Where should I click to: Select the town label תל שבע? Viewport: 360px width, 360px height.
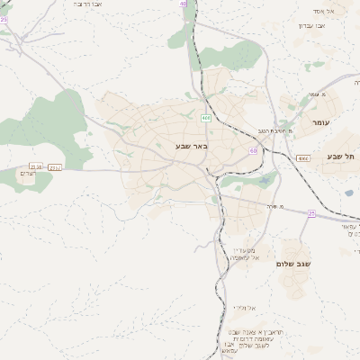click(x=344, y=156)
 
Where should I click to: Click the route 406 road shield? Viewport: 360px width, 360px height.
click(x=207, y=117)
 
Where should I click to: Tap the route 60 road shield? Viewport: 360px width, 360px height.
click(x=254, y=151)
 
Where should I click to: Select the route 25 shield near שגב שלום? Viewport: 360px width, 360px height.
click(x=311, y=213)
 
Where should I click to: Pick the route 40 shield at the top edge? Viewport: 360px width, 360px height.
click(x=184, y=4)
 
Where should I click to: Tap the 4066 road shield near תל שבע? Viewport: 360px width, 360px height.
click(x=302, y=157)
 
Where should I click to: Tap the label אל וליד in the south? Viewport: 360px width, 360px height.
click(x=245, y=308)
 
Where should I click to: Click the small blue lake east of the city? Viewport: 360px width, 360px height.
click(x=263, y=180)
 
